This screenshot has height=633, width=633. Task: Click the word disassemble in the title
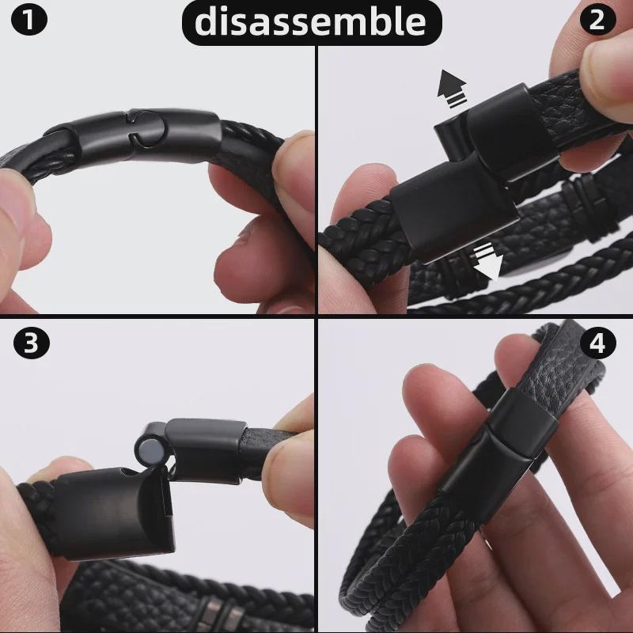click(x=310, y=21)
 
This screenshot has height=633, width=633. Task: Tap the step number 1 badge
click(x=29, y=21)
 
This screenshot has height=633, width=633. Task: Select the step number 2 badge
click(x=603, y=21)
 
